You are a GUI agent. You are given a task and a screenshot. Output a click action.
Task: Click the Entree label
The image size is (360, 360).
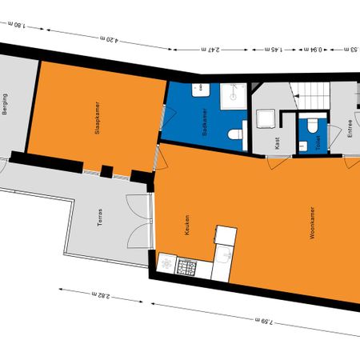350,130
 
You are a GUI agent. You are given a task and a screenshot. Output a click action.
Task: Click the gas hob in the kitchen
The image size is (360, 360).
190,266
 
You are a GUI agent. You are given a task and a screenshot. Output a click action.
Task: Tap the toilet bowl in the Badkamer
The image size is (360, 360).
236,135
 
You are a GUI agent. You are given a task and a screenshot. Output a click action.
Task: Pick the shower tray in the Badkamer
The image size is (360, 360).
231,97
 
